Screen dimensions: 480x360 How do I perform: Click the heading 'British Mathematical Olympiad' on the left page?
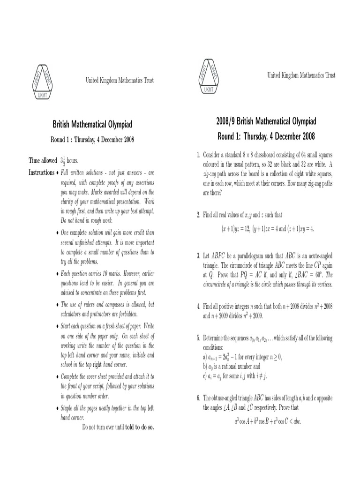(x=92, y=125)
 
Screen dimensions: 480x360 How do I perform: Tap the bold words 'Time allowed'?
(x=43, y=160)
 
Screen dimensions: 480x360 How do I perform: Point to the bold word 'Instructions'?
(x=41, y=172)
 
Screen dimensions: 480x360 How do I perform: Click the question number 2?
(x=198, y=215)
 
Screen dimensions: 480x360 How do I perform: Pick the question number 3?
(x=198, y=256)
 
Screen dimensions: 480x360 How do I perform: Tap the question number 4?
(x=198, y=307)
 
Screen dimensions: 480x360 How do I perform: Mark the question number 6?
(x=198, y=398)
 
